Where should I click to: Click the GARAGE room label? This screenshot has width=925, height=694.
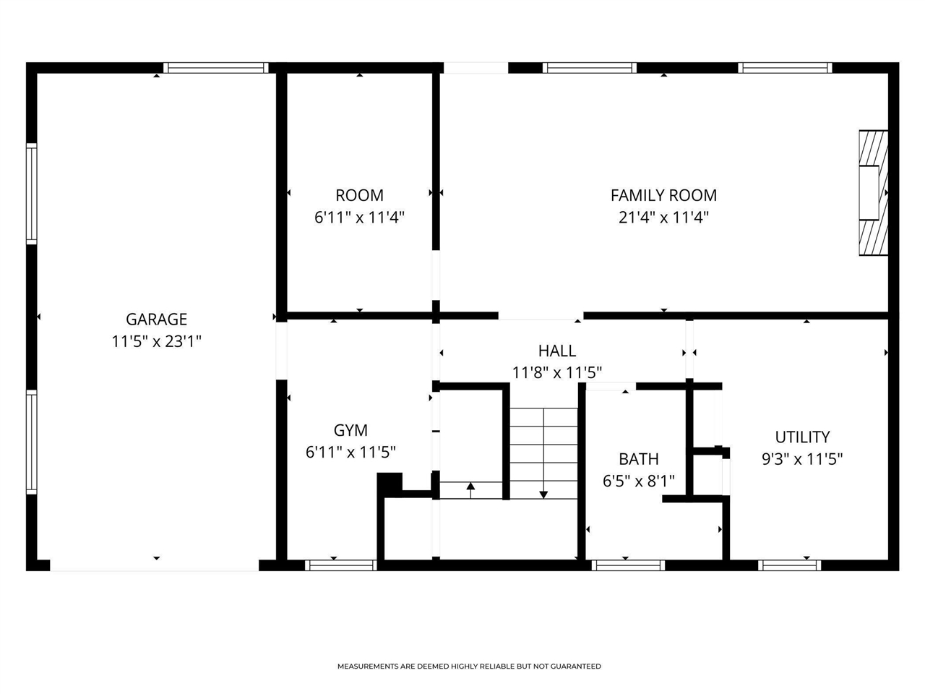156,319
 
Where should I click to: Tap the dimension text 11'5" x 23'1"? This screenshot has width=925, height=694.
156,341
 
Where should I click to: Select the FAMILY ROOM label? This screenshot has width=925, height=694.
663,194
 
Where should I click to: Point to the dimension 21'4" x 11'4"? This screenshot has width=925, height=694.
663,217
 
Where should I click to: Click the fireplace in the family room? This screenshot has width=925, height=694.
873,192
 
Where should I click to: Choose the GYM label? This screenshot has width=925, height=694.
350,430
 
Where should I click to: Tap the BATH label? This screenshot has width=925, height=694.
638,459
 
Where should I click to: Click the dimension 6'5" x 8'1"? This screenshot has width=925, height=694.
638,481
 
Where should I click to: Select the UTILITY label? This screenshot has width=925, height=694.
802,437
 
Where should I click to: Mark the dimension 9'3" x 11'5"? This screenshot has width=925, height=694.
802,459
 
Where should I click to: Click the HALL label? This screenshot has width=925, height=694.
557,351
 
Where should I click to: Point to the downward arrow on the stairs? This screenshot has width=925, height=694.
543,494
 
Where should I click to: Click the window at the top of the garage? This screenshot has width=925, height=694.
215,68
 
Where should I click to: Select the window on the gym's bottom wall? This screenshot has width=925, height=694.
340,565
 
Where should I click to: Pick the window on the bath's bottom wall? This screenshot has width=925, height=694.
627,565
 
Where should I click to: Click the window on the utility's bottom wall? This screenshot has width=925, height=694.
790,565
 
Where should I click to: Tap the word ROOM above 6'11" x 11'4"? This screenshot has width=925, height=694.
359,194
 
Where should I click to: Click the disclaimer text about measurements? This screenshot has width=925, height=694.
469,667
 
